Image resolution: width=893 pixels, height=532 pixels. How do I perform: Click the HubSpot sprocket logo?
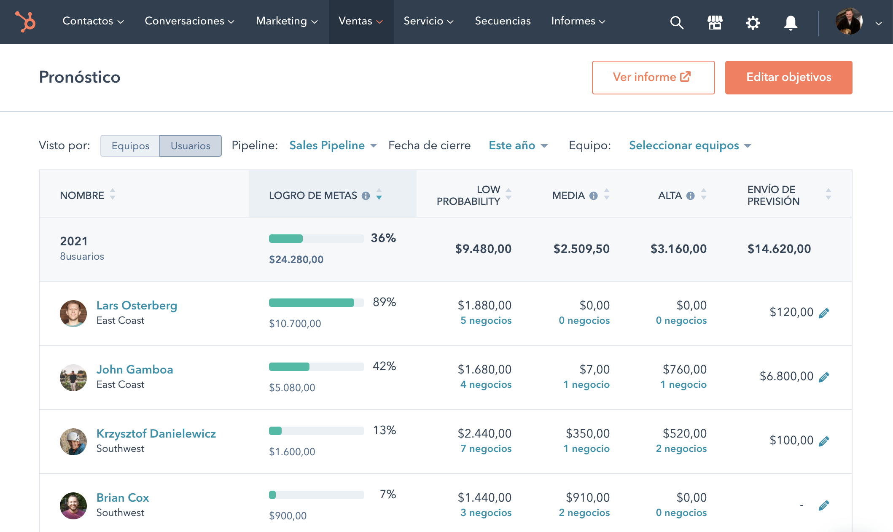(x=26, y=21)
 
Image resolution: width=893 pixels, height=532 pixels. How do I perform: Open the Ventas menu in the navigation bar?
(x=360, y=21)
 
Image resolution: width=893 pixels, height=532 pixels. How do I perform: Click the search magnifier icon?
(x=676, y=22)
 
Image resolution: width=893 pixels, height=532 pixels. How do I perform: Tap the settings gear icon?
(x=753, y=22)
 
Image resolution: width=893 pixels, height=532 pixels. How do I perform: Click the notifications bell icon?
(x=791, y=22)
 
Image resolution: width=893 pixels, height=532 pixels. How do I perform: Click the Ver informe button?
(x=653, y=77)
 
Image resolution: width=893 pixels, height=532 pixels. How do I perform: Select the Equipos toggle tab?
(x=130, y=146)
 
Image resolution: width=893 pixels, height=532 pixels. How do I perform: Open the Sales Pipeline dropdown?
(x=332, y=145)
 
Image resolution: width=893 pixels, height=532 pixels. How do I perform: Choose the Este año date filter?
(x=518, y=145)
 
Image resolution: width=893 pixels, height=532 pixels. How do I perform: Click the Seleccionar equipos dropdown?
(x=689, y=145)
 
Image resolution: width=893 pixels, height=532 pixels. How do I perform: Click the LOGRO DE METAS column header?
(x=313, y=196)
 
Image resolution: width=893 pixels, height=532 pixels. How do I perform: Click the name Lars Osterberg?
(x=137, y=305)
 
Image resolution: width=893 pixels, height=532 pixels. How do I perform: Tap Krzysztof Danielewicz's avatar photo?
(x=73, y=441)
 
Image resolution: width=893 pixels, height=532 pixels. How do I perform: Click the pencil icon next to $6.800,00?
(x=823, y=377)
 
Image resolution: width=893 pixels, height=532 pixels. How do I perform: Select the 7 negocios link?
(x=486, y=449)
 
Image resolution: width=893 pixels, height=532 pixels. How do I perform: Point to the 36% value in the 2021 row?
(x=383, y=238)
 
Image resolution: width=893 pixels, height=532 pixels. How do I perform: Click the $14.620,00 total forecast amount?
(x=779, y=249)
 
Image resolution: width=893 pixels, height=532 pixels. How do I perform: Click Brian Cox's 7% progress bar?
(x=316, y=495)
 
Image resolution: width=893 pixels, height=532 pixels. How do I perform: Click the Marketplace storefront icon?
(x=715, y=22)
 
